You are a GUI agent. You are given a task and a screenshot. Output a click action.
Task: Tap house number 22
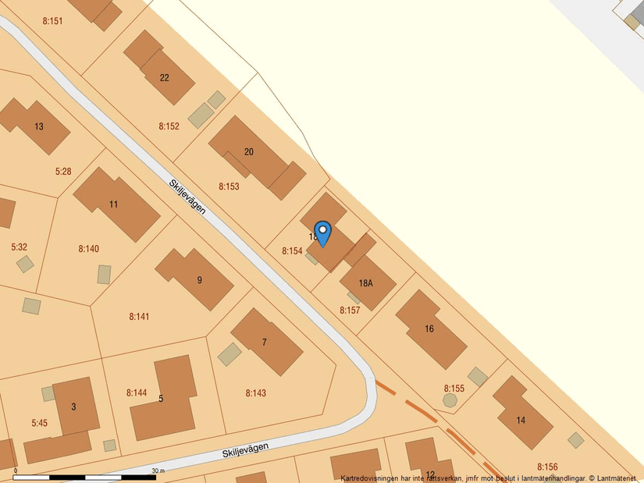pyautogui.click(x=164, y=77)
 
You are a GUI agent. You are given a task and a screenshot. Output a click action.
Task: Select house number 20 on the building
pyautogui.click(x=249, y=151)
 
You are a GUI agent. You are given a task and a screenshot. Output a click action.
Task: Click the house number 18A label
pyautogui.click(x=365, y=283)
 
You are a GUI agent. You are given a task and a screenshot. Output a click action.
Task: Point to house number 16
pyautogui.click(x=429, y=329)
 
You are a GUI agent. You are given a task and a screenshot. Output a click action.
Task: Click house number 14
pyautogui.click(x=521, y=420)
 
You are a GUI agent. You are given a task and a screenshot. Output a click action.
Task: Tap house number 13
pyautogui.click(x=39, y=126)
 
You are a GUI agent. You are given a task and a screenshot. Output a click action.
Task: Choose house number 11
pyautogui.click(x=114, y=204)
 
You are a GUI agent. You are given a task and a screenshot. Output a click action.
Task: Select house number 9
pyautogui.click(x=199, y=280)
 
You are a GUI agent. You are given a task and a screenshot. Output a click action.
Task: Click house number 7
pyautogui.click(x=264, y=342)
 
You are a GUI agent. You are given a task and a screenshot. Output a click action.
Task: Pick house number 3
pyautogui.click(x=73, y=407)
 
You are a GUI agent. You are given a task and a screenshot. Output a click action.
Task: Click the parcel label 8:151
pyautogui.click(x=52, y=21)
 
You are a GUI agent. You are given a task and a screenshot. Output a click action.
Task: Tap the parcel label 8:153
pyautogui.click(x=229, y=186)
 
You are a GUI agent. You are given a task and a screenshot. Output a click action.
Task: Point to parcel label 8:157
pyautogui.click(x=350, y=310)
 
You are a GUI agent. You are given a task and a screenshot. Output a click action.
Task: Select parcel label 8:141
pyautogui.click(x=139, y=316)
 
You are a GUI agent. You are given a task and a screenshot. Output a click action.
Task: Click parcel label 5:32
pyautogui.click(x=20, y=247)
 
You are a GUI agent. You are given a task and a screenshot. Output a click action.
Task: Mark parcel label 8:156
pyautogui.click(x=547, y=467)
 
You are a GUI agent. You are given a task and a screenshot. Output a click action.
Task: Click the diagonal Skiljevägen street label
pyautogui.click(x=187, y=197)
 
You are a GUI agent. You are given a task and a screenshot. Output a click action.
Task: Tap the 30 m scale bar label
pyautogui.click(x=158, y=471)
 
